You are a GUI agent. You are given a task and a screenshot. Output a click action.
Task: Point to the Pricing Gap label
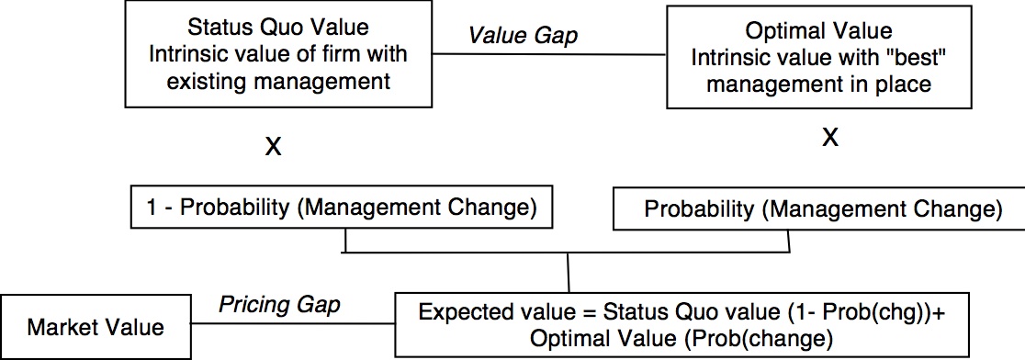click(x=278, y=305)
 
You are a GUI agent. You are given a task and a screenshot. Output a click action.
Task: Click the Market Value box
click(x=96, y=326)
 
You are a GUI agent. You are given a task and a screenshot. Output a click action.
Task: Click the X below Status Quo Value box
click(x=273, y=147)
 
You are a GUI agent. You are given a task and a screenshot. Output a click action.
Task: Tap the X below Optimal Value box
click(x=829, y=138)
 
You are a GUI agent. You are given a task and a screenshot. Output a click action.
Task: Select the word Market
click(x=65, y=326)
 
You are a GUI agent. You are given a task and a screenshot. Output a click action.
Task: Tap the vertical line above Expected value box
click(x=569, y=272)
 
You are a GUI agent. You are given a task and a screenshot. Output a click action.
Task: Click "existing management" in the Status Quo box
click(x=277, y=82)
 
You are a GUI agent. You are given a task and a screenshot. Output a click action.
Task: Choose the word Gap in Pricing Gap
click(x=319, y=305)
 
